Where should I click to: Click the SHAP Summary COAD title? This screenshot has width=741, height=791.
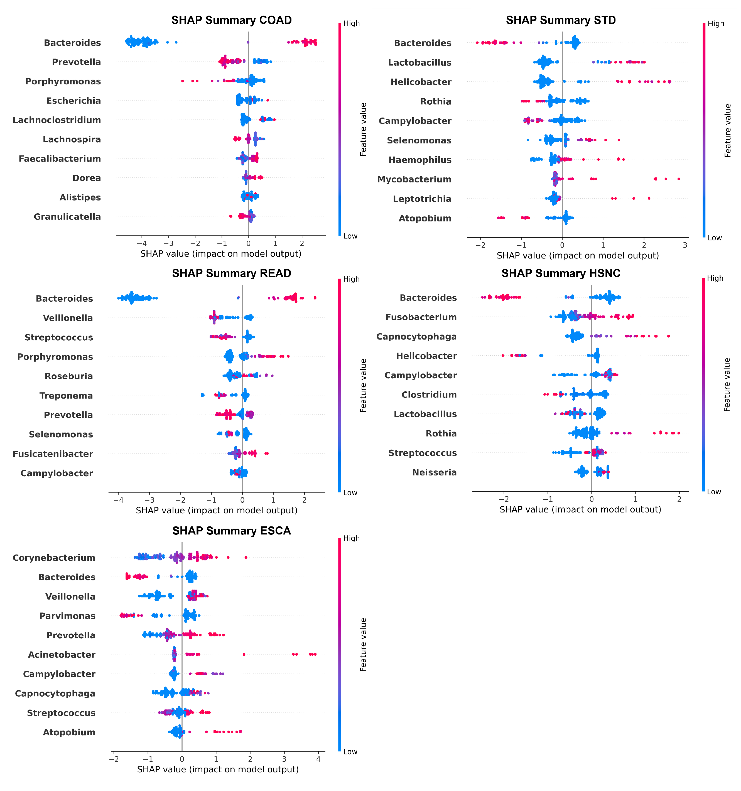point(232,20)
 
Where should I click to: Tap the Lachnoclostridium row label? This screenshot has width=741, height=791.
point(57,120)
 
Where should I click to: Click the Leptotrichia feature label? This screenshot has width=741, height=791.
point(422,199)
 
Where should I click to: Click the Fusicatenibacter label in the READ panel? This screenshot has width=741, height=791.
point(53,454)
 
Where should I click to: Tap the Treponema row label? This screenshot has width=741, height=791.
point(66,396)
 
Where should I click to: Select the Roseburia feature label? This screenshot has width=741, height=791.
point(69,376)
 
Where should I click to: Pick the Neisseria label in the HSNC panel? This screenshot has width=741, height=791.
point(434,473)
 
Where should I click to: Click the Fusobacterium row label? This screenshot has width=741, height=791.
point(421,318)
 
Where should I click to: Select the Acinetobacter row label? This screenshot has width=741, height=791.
point(62,655)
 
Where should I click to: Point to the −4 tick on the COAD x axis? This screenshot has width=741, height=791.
point(142,243)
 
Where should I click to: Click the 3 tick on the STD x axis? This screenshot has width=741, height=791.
point(685,245)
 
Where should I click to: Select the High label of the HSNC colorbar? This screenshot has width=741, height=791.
point(715,279)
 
